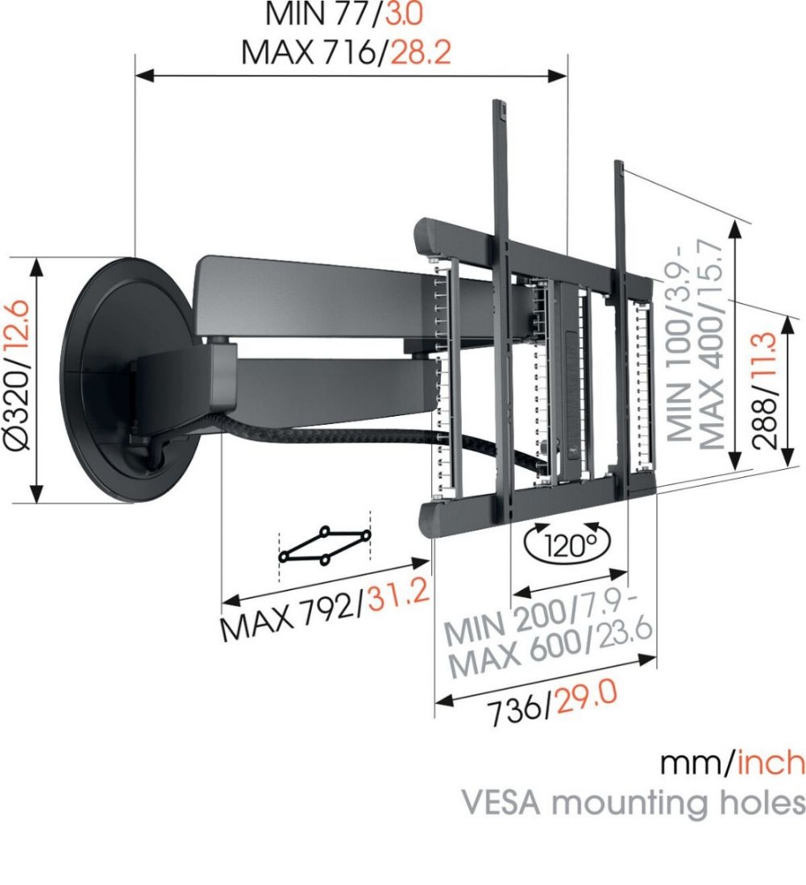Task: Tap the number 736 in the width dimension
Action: pyautogui.click(x=517, y=709)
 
